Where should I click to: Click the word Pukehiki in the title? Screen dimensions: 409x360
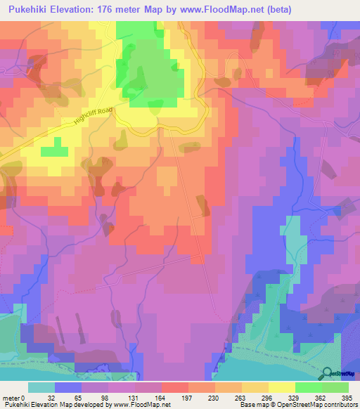tap(34, 10)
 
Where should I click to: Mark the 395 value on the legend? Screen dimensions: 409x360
tap(347, 397)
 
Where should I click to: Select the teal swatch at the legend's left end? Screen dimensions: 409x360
tap(41, 387)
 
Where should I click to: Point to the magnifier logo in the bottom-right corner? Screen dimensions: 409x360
tap(328, 373)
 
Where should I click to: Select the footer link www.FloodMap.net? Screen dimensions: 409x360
tap(147, 405)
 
